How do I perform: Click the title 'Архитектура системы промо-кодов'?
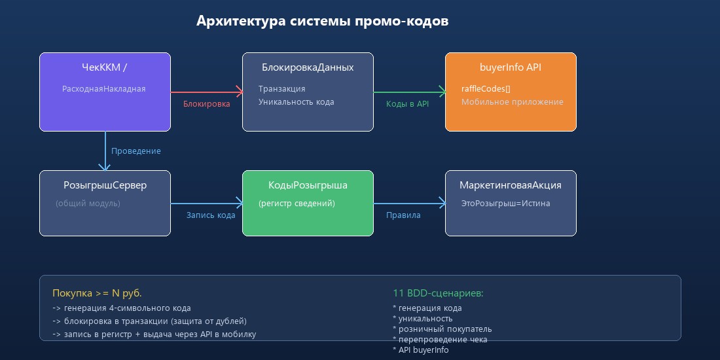322,21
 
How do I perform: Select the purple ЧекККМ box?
105,108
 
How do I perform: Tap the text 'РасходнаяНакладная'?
103,89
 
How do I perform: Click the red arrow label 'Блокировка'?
206,104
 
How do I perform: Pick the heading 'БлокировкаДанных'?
308,67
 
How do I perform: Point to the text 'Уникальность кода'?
296,102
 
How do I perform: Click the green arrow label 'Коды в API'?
407,104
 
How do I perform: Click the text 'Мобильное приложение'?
512,102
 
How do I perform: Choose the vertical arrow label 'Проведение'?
135,151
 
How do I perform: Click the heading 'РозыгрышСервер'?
105,185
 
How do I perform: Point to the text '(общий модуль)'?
88,204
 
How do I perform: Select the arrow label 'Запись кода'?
211,215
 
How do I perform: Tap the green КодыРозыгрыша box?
308,220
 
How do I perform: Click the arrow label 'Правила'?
403,215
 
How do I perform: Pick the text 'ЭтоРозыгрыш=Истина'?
505,204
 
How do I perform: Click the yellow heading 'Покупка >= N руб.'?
97,293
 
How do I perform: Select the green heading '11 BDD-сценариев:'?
438,293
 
